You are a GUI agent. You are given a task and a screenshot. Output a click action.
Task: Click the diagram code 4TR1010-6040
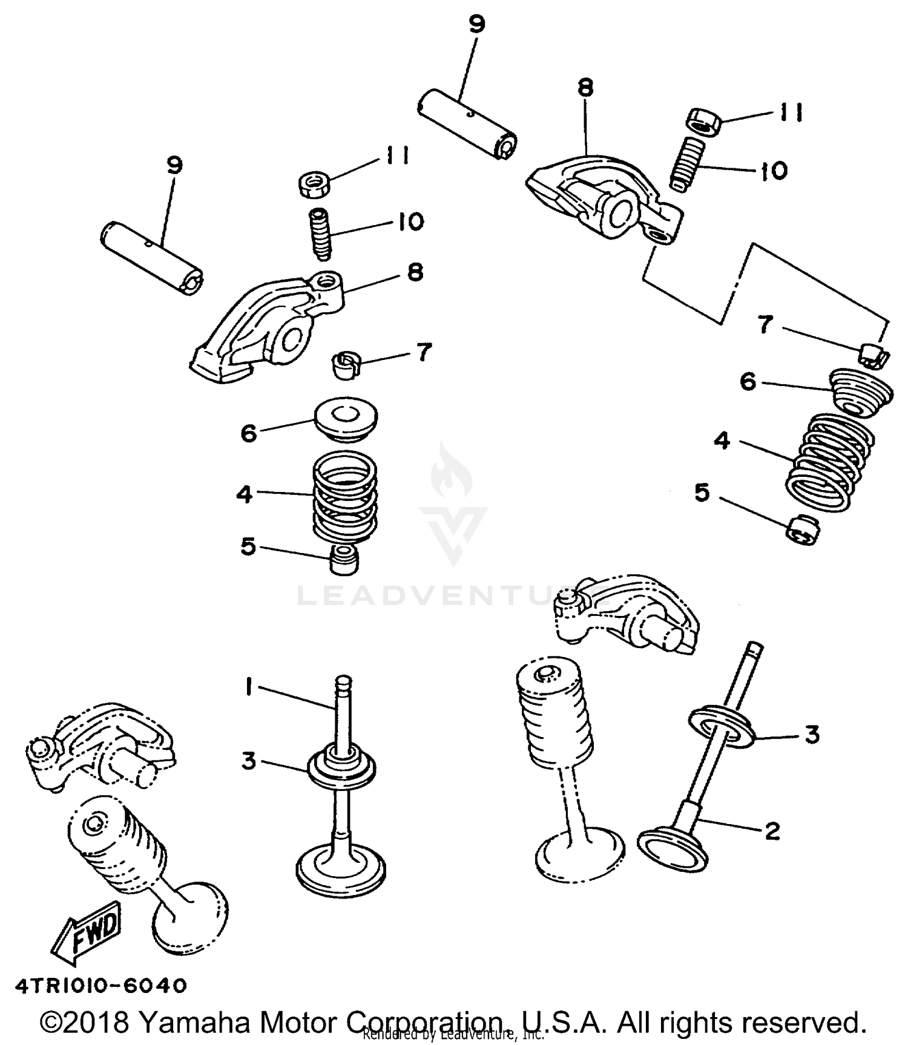[101, 986]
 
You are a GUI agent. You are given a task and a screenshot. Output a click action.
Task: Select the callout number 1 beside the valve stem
[248, 688]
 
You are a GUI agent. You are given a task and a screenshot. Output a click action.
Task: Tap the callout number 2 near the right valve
[772, 831]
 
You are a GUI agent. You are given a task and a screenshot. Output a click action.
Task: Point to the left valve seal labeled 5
[344, 558]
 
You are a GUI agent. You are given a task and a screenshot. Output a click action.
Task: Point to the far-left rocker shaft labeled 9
[151, 257]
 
